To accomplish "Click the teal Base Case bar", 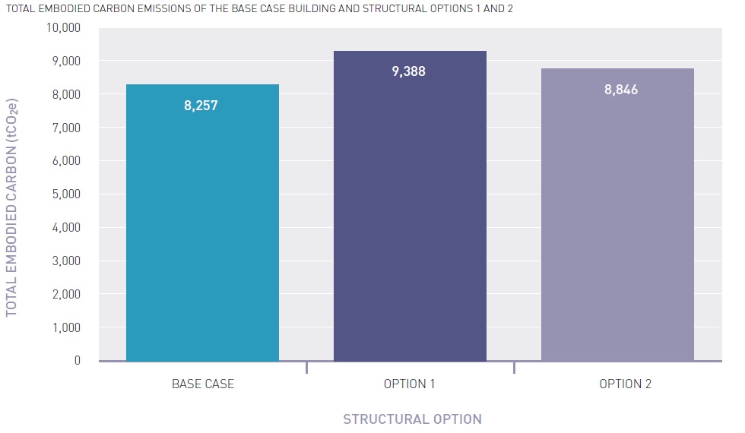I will pos(202,228).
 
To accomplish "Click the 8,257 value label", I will pos(201,106).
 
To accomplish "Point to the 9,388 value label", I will pos(409,71).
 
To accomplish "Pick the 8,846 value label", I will pos(621,90).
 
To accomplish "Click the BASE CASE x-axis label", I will pos(203,384).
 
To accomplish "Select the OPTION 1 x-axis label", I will pos(410,384).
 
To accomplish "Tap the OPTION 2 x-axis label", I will pos(625,384).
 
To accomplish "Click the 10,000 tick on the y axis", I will pos(63,28).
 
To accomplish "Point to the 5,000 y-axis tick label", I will pos(66,194).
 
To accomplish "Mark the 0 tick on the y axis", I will pos(77,361).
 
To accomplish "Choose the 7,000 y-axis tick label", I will pos(66,128).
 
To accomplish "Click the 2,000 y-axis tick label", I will pos(66,294).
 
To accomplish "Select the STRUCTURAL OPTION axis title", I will pos(412,419).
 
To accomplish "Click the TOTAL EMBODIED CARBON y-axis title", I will pos(12,207).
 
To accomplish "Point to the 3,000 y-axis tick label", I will pos(66,261).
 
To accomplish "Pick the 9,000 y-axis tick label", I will pos(66,61).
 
